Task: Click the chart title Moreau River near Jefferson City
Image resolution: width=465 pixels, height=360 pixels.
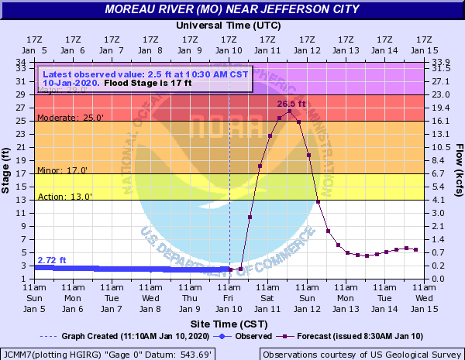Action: pos(232,9)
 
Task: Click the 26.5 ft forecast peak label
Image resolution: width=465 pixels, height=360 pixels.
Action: pos(291,103)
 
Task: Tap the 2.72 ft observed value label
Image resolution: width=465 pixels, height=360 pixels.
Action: pos(52,259)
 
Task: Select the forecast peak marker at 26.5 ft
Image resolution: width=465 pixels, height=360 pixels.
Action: pos(289,111)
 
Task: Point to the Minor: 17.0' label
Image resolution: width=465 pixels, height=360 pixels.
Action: pos(63,170)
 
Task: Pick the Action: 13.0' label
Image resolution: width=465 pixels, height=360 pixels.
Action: pos(64,196)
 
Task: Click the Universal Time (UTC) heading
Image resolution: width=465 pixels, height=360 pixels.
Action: pos(229,25)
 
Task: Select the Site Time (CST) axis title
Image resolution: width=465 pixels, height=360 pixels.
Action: pos(229,322)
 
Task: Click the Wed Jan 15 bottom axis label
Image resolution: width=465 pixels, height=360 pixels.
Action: pos(424,297)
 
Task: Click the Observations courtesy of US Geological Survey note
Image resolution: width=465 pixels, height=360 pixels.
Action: pos(362,353)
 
